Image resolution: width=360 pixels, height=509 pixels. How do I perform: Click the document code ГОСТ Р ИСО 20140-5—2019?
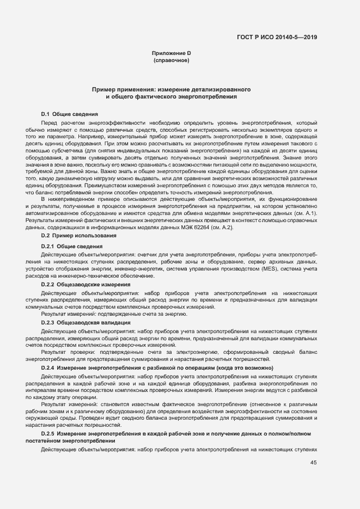277,38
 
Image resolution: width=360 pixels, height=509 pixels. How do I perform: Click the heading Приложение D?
171,53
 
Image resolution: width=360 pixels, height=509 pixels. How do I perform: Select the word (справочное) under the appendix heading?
171,60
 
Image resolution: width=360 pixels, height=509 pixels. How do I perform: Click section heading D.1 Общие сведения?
69,114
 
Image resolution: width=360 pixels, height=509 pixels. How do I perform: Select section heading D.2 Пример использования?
78,235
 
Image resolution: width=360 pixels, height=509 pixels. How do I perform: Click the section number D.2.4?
47,368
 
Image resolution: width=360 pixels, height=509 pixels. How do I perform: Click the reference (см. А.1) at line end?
306,214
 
